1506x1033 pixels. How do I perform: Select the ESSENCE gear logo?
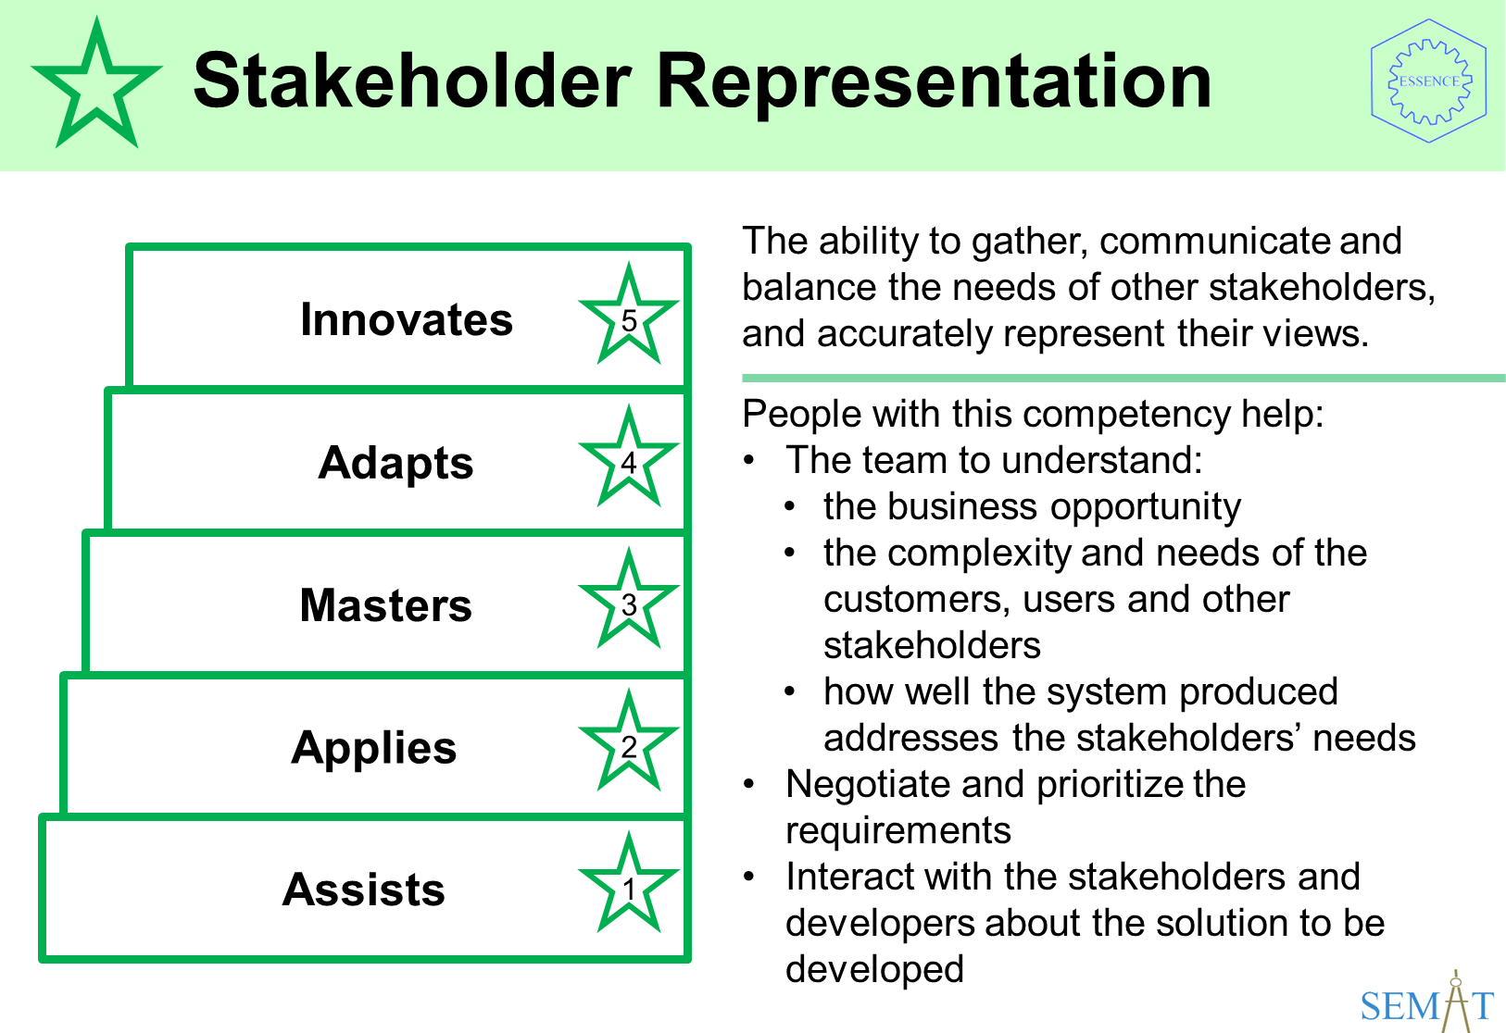coord(1429,81)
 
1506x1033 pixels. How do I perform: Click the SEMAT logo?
coord(1426,1002)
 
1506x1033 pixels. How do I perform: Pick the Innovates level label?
coord(406,319)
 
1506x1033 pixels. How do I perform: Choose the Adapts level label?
coord(395,464)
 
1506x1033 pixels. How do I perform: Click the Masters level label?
coord(386,604)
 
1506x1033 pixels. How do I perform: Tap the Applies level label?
coord(374,748)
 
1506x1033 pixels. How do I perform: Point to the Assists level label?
coord(363,890)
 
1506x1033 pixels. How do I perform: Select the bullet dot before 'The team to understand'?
coord(749,460)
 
